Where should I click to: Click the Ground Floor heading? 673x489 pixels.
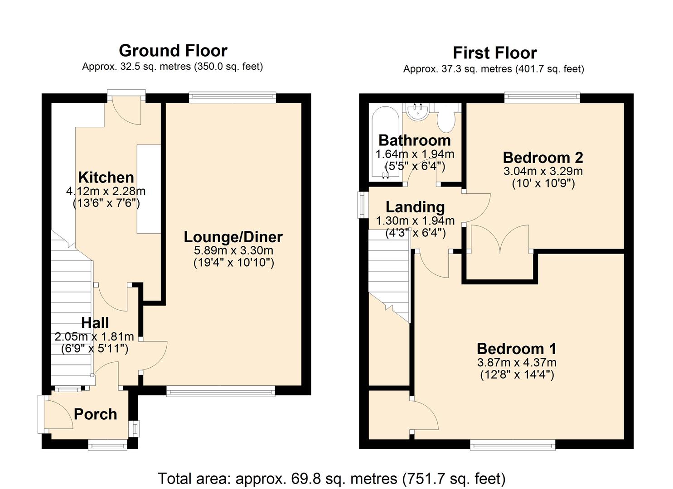pos(173,50)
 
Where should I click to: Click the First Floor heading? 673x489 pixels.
pos(494,53)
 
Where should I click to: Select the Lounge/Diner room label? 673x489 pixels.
pos(233,237)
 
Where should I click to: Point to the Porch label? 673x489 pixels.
pos(95,414)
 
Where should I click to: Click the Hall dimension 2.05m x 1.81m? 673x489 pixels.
pos(94,337)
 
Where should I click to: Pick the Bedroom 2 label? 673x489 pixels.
pos(543,158)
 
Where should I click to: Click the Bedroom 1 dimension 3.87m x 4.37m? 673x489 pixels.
pos(517,363)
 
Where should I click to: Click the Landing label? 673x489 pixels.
pos(415,207)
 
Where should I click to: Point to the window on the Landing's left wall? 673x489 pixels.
pos(363,205)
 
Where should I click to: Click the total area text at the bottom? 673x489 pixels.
pos(331,478)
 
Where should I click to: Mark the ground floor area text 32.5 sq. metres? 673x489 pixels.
pos(172,67)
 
